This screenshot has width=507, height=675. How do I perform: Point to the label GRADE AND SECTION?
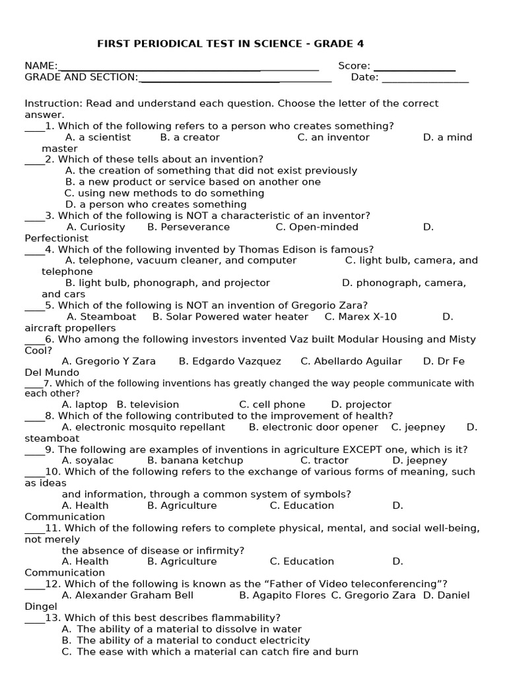click(81, 77)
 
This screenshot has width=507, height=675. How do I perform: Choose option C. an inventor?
click(333, 137)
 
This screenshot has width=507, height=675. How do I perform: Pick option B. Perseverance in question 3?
click(188, 227)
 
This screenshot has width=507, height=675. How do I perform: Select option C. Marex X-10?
click(360, 316)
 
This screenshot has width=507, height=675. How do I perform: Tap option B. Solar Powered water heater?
click(230, 316)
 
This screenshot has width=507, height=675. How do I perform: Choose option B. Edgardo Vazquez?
click(230, 361)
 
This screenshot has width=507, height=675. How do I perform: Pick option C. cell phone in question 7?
click(272, 405)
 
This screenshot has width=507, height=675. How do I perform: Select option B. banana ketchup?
click(195, 461)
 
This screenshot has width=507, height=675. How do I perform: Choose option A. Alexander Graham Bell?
click(127, 595)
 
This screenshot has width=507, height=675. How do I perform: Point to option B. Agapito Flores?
click(282, 595)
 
